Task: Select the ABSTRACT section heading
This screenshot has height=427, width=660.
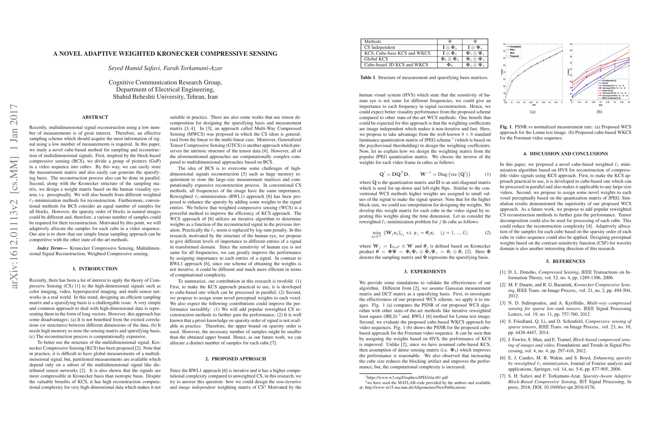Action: [x=95, y=117]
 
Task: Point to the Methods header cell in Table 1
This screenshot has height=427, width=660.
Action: [x=373, y=42]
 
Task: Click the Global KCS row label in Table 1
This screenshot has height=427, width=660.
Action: [x=376, y=59]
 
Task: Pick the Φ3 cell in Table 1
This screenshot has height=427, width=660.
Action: [x=450, y=65]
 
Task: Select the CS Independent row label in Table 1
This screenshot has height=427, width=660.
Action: [x=379, y=47]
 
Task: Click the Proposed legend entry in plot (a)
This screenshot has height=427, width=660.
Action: [x=514, y=56]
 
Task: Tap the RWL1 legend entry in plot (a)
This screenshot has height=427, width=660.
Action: [x=513, y=50]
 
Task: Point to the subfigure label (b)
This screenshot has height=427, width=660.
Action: [x=599, y=112]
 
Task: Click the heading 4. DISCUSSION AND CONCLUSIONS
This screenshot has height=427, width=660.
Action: [x=565, y=154]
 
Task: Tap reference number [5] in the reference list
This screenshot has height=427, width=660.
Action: [x=503, y=340]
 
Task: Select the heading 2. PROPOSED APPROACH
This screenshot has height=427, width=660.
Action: [x=235, y=359]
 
